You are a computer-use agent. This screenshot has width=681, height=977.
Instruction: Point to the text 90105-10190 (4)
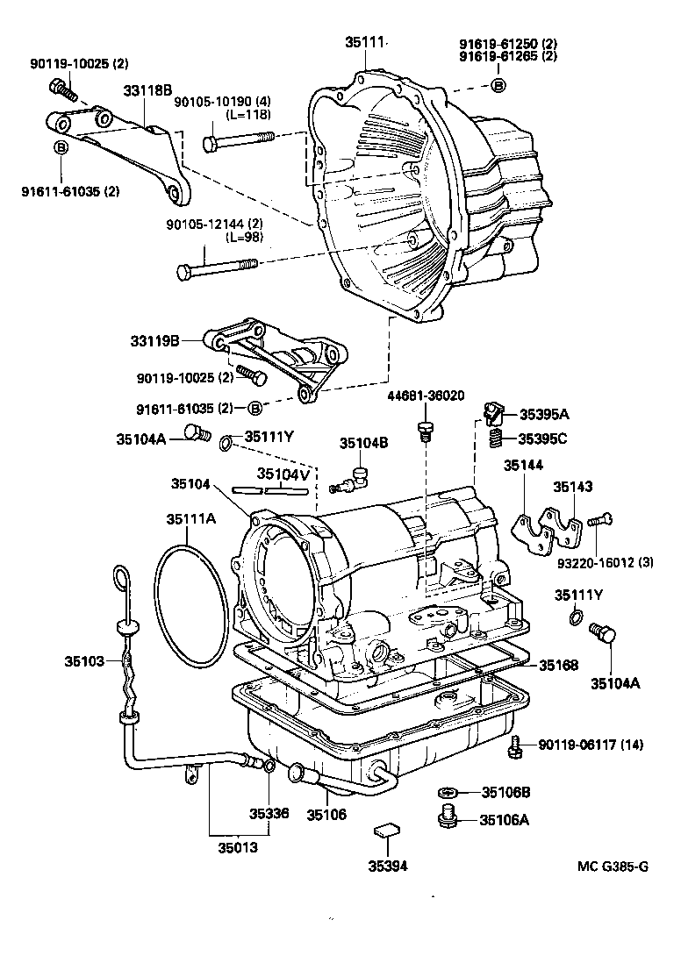pyautogui.click(x=210, y=102)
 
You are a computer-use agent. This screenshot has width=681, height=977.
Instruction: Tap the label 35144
pyautogui.click(x=522, y=467)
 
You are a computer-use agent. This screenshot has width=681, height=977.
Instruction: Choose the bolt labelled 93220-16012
pyautogui.click(x=599, y=521)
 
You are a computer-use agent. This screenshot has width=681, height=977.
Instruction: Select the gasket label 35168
pyautogui.click(x=558, y=666)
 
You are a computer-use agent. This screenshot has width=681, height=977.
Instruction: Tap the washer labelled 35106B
pyautogui.click(x=446, y=793)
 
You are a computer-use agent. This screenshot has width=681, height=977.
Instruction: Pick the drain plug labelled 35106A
pyautogui.click(x=447, y=818)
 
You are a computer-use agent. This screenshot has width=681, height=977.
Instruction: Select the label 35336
pyautogui.click(x=268, y=813)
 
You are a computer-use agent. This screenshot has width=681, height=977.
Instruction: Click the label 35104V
pyautogui.click(x=283, y=474)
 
